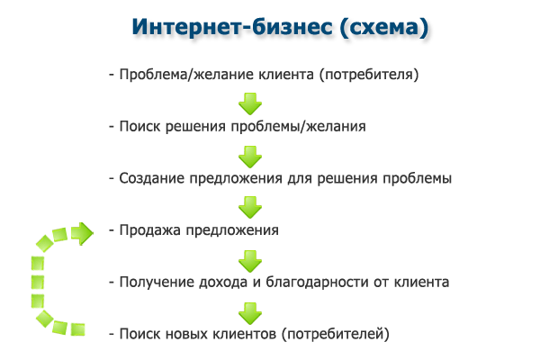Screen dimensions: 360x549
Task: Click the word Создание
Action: (149, 178)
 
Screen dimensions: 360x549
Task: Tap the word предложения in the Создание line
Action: (228, 178)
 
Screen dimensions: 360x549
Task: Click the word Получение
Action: (155, 282)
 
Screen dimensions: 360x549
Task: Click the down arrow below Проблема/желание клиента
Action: (249, 102)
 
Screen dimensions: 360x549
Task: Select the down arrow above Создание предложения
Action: (249, 154)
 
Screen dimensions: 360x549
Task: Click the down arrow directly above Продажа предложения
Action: (249, 206)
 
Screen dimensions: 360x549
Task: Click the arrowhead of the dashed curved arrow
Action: (83, 234)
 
